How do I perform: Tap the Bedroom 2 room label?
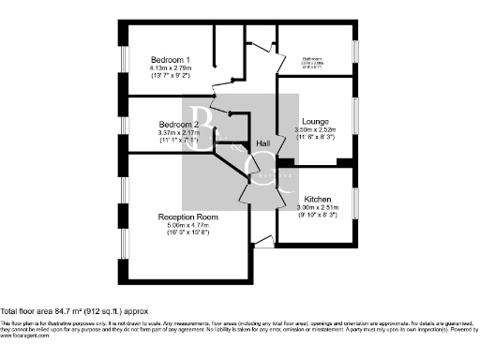tap(178, 125)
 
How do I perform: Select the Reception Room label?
tap(187, 217)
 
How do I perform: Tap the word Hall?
tap(266, 142)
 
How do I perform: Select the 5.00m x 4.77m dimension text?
tap(187, 225)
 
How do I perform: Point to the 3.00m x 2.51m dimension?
tap(315, 206)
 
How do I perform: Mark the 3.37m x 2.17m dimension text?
tap(178, 133)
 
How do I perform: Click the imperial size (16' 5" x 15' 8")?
tap(187, 233)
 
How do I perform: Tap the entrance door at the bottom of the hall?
tap(264, 243)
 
